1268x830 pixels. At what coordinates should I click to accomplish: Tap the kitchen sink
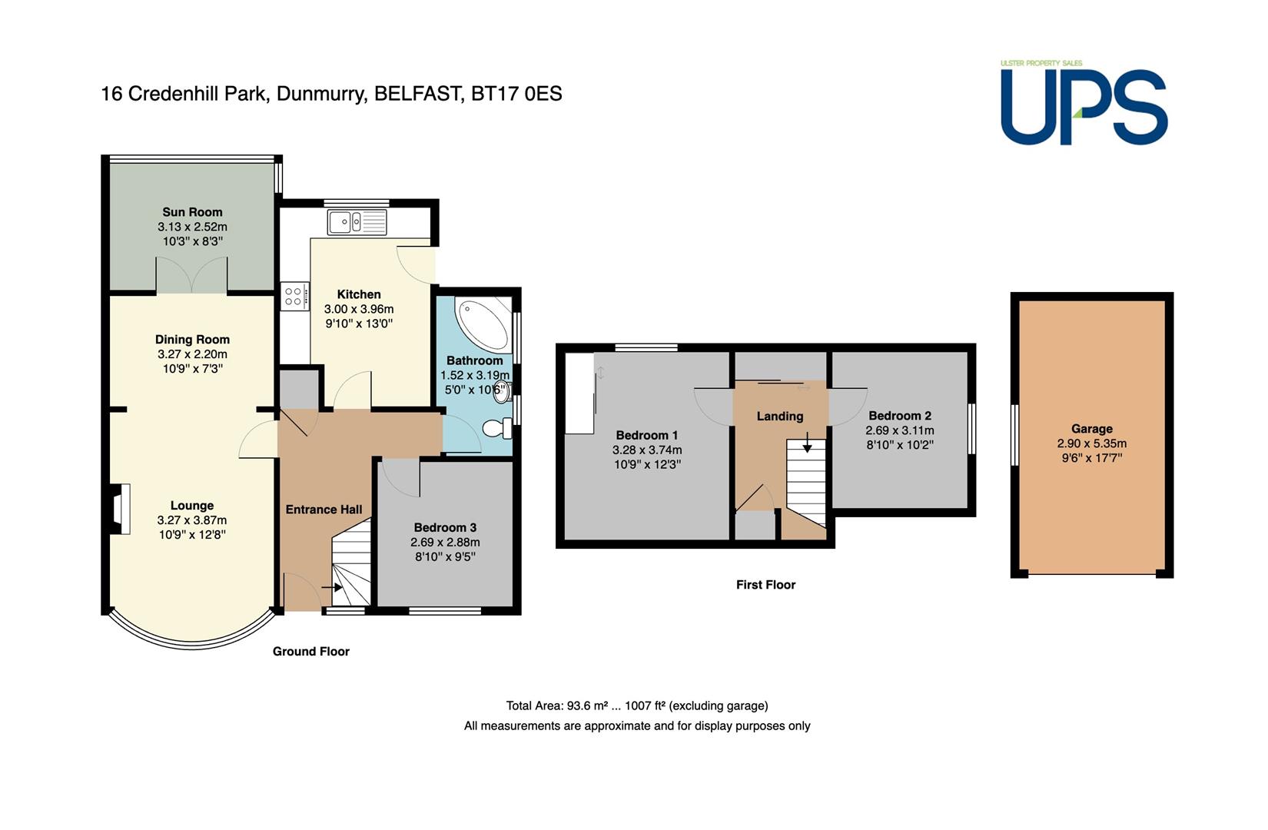tap(357, 222)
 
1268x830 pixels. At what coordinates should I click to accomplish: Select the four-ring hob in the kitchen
tap(294, 296)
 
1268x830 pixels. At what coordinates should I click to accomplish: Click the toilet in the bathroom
tap(497, 428)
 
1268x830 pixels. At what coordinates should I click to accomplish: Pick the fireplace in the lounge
tap(119, 509)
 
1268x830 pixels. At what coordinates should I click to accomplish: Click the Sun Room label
tap(192, 212)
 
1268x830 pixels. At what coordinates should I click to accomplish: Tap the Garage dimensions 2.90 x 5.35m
tap(1091, 444)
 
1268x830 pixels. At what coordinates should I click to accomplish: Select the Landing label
tap(779, 417)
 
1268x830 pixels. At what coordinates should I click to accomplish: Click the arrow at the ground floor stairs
tap(332, 588)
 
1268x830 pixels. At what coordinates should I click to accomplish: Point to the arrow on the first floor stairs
tap(807, 442)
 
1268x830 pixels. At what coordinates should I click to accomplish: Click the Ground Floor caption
tap(310, 652)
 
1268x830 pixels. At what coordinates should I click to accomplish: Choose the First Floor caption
tap(765, 585)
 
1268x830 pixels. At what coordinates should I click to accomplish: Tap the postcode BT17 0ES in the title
tap(516, 94)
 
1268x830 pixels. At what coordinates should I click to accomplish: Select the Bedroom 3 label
tap(445, 528)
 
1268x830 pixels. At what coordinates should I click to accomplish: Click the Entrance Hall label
tap(324, 510)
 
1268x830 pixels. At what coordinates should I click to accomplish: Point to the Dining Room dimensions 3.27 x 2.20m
tap(192, 354)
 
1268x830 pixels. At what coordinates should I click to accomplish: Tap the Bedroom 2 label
tap(899, 416)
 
